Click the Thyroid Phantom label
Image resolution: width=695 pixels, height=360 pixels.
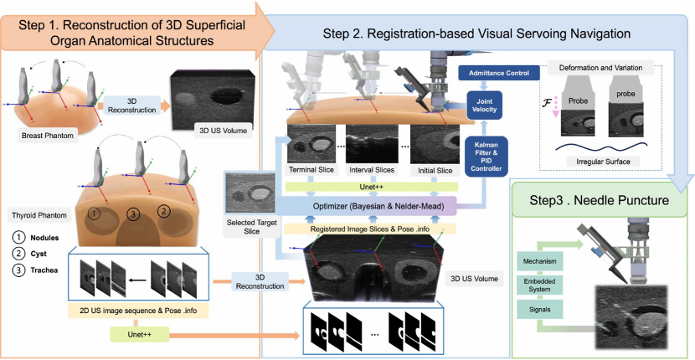(x=36, y=213)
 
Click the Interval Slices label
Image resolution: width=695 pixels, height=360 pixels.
(x=373, y=172)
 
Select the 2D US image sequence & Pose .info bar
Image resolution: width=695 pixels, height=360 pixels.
(x=136, y=312)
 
